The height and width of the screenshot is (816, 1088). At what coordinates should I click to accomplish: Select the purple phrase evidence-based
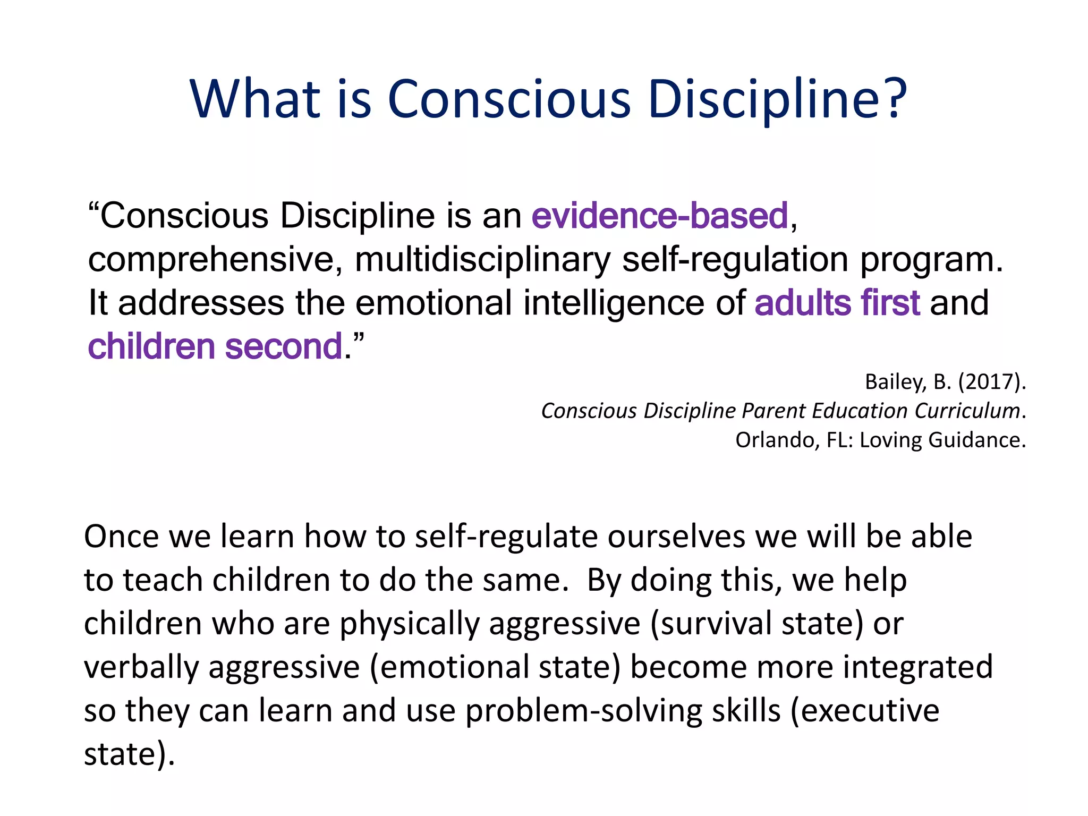660,216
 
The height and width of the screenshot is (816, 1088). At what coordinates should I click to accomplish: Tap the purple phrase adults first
837,303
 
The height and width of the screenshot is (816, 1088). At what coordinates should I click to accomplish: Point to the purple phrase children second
215,346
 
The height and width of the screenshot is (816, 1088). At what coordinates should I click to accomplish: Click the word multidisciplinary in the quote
482,260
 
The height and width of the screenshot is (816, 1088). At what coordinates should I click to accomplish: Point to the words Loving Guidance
941,440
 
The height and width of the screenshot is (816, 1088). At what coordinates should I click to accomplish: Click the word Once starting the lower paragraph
122,536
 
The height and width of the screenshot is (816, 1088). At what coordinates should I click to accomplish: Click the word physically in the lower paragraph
410,623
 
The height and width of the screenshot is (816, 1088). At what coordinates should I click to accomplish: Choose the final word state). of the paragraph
129,754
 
